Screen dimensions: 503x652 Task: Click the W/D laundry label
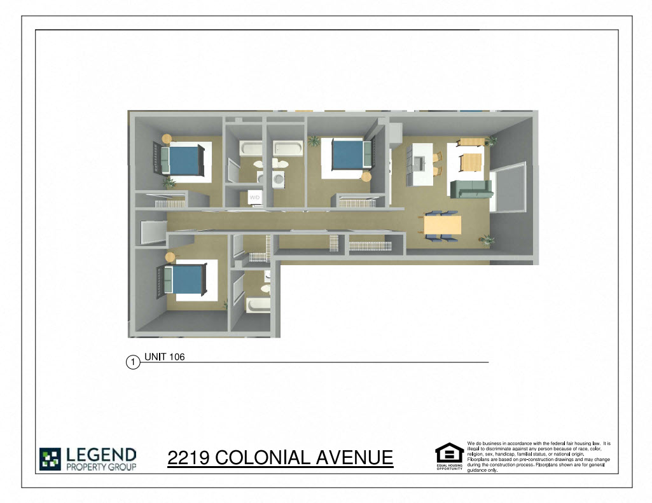(254, 198)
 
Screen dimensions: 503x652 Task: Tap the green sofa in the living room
(471, 189)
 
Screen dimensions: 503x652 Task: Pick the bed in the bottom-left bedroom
(185, 279)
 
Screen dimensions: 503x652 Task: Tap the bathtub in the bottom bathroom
(258, 306)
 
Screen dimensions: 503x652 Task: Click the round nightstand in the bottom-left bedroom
(170, 256)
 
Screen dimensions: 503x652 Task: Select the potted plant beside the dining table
(487, 240)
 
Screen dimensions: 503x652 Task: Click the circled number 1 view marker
(133, 362)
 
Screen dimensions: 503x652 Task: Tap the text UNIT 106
(164, 357)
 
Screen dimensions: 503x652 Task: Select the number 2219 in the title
(188, 458)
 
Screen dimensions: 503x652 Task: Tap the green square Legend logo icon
(50, 459)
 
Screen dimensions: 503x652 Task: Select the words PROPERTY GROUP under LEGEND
(101, 467)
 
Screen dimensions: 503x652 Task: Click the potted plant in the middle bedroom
(314, 141)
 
